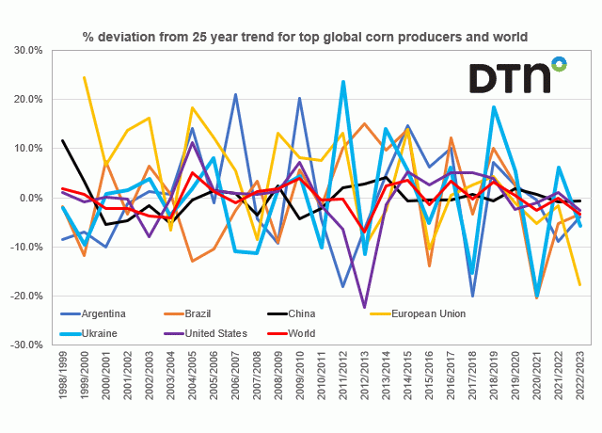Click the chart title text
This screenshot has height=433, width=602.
pos(305,37)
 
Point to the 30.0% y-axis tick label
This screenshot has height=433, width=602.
pos(36,50)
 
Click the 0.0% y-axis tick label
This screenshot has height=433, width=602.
pos(39,198)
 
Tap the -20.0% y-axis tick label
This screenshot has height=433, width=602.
pos(34,296)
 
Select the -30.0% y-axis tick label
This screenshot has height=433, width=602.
pos(34,345)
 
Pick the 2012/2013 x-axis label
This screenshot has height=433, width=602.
pos(365,380)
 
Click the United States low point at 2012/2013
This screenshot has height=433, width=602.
pos(365,307)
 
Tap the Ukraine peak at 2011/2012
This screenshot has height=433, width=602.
pos(343,82)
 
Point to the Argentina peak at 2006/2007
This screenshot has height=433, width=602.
pos(235,95)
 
